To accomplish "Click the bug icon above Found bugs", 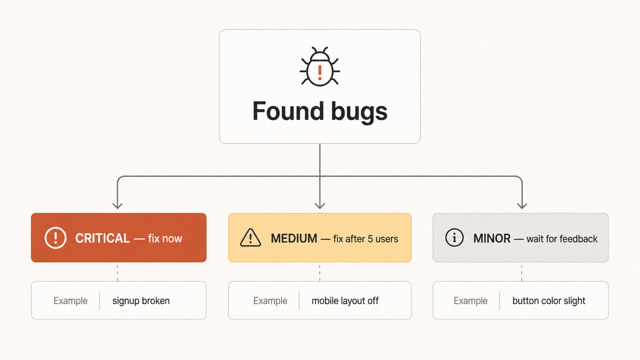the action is (320, 67).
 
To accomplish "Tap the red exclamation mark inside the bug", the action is (320, 73).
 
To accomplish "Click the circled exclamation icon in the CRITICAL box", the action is (56, 238).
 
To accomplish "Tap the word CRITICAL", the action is (103, 238).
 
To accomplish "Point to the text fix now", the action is (165, 239).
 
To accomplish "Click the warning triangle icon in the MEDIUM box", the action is (250, 238).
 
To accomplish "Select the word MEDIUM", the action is (294, 238).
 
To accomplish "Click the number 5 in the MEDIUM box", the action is (370, 239).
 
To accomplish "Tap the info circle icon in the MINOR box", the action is (454, 238).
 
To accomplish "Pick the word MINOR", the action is (492, 238).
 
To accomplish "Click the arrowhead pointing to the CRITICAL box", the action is (118, 206).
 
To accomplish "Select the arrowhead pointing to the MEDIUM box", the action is (320, 206).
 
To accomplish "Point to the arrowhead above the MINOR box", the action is (522, 206).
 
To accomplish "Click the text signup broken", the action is (141, 301).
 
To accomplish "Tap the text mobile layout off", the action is (345, 301).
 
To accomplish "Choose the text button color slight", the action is (549, 301).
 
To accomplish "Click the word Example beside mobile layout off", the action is (270, 301).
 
